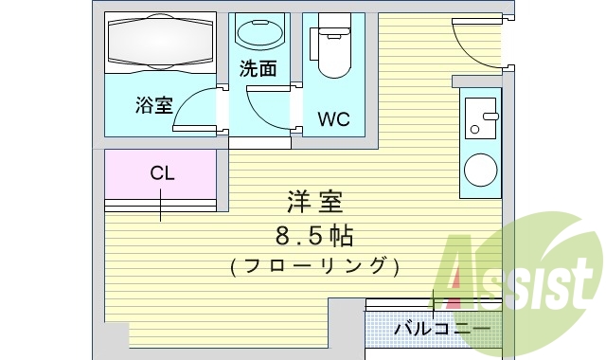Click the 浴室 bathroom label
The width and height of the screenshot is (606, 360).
(153, 105)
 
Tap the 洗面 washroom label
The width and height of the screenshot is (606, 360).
(258, 68)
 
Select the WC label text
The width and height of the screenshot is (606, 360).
(333, 119)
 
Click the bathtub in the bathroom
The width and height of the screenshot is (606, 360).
(160, 43)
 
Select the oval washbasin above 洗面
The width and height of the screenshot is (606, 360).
(258, 34)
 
